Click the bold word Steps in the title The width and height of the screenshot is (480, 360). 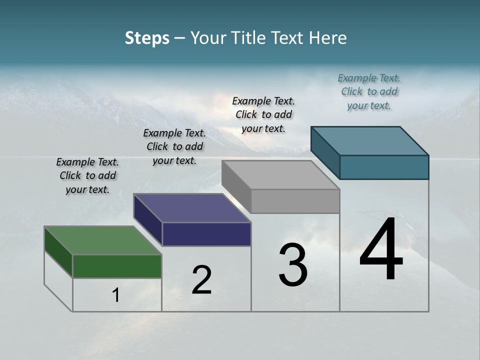tap(147, 38)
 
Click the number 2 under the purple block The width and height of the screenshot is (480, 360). tap(201, 280)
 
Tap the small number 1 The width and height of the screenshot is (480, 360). tap(116, 295)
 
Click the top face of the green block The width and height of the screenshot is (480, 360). tap(102, 240)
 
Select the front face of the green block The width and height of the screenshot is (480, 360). tap(117, 266)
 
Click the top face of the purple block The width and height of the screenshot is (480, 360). tap(192, 207)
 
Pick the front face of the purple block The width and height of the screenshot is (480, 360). tap(206, 234)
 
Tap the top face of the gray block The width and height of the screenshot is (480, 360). tap(280, 174)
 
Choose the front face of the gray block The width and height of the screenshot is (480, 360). tap(295, 201)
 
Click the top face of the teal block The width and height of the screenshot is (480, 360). tap(369, 140)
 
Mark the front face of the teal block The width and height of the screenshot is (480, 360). tap(384, 167)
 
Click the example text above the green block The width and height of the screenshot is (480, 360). tap(87, 176)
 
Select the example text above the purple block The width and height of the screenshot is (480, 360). tap(174, 147)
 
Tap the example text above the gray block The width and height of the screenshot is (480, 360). tap(263, 115)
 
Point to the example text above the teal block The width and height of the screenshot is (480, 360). tap(369, 92)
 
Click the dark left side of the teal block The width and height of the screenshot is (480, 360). tap(325, 152)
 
